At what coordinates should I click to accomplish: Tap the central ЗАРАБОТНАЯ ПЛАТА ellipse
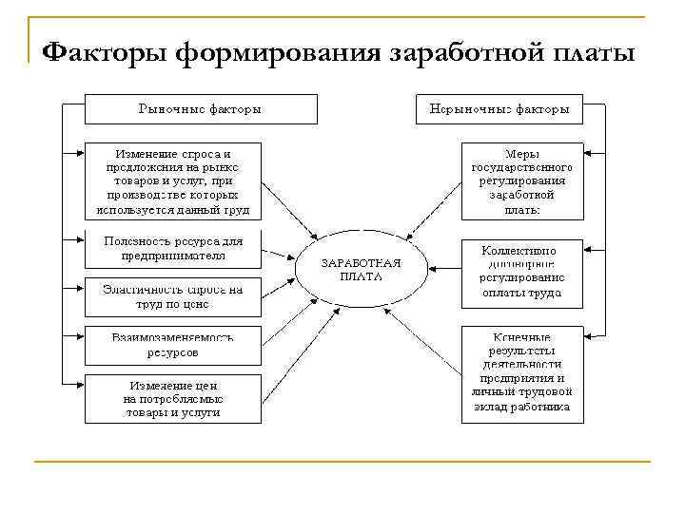click(x=361, y=270)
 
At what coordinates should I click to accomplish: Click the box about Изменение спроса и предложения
click(x=172, y=180)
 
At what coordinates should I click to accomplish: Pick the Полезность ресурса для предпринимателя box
click(x=172, y=249)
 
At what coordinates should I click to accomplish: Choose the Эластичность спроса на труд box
click(x=172, y=296)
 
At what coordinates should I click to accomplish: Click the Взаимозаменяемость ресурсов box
click(x=172, y=344)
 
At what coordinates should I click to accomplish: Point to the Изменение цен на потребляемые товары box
click(x=172, y=399)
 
